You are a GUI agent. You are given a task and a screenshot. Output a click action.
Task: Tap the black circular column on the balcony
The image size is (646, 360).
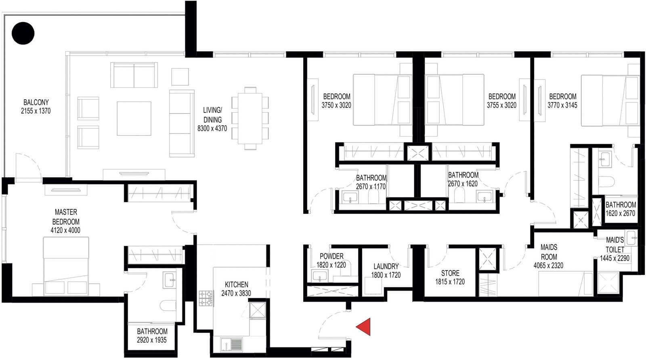23,33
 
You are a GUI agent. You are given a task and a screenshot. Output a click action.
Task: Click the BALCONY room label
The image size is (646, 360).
36,103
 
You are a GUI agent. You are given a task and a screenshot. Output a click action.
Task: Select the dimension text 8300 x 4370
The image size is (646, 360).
212,129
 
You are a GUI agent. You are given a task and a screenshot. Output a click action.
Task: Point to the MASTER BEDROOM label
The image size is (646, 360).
66,217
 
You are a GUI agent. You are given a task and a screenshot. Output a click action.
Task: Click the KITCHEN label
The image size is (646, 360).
237,285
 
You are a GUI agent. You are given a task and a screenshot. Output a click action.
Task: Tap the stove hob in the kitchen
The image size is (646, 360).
206,298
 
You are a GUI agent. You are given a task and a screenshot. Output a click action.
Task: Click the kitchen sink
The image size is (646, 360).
231,345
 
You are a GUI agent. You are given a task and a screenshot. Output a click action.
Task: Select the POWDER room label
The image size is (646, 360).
331,256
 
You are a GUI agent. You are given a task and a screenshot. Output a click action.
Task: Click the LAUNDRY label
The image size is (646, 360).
386,266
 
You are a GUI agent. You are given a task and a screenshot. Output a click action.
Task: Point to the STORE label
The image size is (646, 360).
450,273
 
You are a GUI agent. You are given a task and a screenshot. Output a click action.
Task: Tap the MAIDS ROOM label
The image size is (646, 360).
549,252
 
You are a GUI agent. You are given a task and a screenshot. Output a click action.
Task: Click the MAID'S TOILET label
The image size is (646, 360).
615,245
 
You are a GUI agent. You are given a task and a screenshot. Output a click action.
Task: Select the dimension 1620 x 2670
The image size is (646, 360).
620,213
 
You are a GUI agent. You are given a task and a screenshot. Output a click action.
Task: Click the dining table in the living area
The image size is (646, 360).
250,118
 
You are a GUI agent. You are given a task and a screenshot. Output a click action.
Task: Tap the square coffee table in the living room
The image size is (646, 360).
134,118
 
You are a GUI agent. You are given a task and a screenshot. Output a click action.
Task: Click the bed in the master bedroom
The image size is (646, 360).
66,266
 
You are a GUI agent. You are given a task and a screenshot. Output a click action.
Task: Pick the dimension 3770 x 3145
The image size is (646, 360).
562,105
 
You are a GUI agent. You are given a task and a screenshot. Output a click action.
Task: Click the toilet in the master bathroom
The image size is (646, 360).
168,306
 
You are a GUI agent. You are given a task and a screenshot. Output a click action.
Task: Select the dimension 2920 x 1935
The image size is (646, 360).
152,340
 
